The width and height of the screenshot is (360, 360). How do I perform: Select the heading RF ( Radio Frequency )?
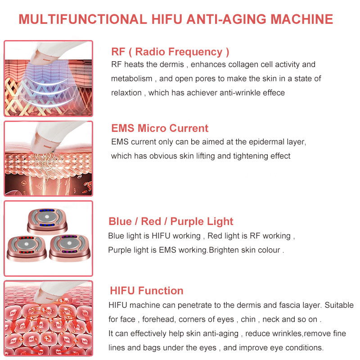(x=170, y=52)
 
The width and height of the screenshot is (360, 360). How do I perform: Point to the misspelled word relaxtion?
(x=126, y=93)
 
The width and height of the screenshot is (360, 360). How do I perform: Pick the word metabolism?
(x=131, y=79)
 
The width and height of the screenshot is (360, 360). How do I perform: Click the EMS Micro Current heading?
(x=160, y=128)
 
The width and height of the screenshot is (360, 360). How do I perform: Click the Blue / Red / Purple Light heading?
(x=171, y=221)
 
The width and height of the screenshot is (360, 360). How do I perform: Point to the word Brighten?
(x=227, y=250)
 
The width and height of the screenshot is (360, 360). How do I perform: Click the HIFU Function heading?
(x=146, y=291)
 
